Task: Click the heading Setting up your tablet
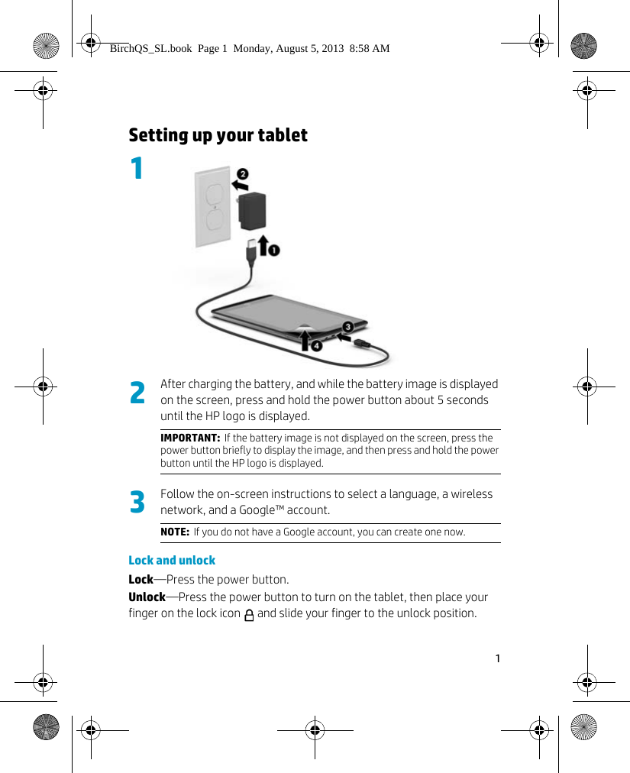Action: pos(218,135)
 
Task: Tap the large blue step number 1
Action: pos(137,169)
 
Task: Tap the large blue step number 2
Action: pos(137,393)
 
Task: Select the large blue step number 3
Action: pos(137,503)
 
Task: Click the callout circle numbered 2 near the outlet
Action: pos(242,173)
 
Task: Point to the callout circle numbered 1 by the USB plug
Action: pos(273,250)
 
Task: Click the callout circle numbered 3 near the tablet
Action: pos(347,327)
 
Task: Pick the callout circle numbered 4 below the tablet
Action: pos(316,346)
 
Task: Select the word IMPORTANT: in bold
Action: pos(189,438)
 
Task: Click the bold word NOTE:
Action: pos(175,532)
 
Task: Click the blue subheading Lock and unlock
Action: pos(172,560)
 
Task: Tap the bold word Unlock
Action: pos(147,597)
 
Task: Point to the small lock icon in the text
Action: pos(249,615)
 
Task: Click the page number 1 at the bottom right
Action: pos(497,658)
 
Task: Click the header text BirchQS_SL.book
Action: pos(150,48)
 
